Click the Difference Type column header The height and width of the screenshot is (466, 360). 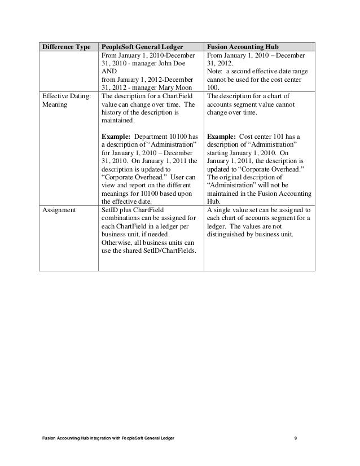(x=65, y=47)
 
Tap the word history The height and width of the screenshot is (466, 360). (x=113, y=112)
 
